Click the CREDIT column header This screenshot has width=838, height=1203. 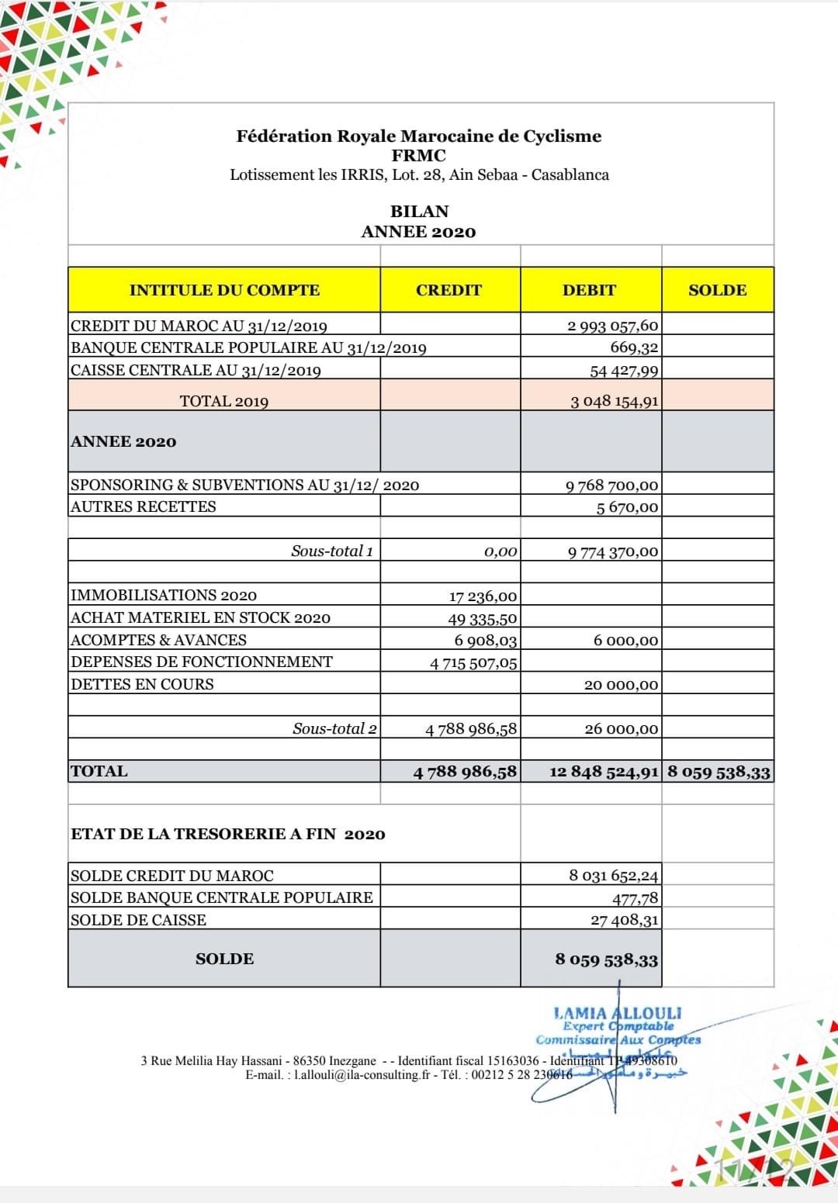(x=448, y=290)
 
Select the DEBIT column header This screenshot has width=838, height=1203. (x=589, y=290)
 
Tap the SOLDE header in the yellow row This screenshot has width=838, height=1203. (x=717, y=290)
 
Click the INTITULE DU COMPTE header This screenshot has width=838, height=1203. (x=224, y=290)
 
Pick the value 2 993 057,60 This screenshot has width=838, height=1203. (x=612, y=326)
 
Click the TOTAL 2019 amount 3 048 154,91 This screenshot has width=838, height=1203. (x=614, y=401)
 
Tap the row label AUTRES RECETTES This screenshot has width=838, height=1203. (x=144, y=506)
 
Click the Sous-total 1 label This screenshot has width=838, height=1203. (x=332, y=551)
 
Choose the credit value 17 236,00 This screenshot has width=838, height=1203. (x=483, y=596)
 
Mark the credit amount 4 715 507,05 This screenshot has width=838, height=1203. (x=473, y=663)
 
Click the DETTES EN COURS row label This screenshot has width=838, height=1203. (x=142, y=684)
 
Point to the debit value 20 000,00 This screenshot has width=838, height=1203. (x=621, y=685)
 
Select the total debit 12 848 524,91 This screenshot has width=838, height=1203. (x=604, y=773)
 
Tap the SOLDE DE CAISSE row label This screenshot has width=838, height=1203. (x=138, y=920)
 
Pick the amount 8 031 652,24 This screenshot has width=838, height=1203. (x=613, y=876)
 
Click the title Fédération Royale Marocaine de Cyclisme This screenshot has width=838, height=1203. (x=419, y=137)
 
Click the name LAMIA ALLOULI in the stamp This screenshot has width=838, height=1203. (x=618, y=1013)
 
